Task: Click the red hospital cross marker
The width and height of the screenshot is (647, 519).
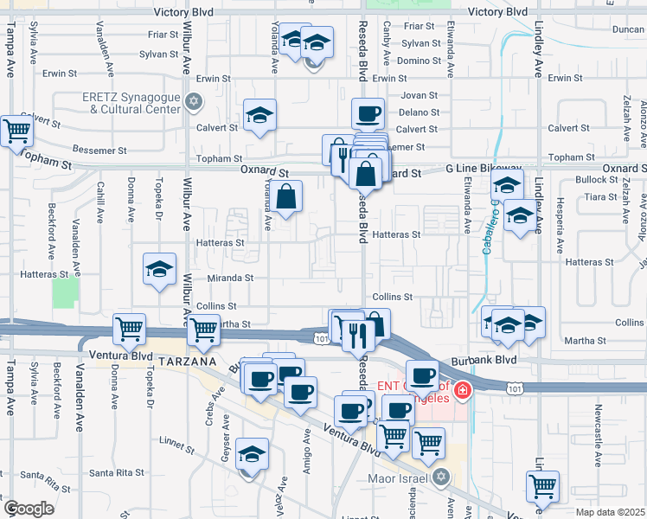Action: (463, 391)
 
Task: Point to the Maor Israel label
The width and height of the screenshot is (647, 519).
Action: (400, 476)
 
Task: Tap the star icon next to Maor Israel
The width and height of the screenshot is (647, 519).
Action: (442, 476)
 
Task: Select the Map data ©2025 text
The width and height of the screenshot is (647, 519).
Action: (610, 512)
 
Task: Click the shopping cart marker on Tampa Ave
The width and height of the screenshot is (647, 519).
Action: (16, 131)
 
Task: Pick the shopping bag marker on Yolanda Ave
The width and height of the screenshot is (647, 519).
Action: (288, 195)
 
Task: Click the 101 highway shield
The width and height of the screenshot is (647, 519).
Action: (322, 338)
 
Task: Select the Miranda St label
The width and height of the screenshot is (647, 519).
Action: (230, 278)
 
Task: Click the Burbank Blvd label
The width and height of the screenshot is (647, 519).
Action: (477, 359)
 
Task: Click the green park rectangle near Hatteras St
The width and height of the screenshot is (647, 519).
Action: (64, 293)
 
